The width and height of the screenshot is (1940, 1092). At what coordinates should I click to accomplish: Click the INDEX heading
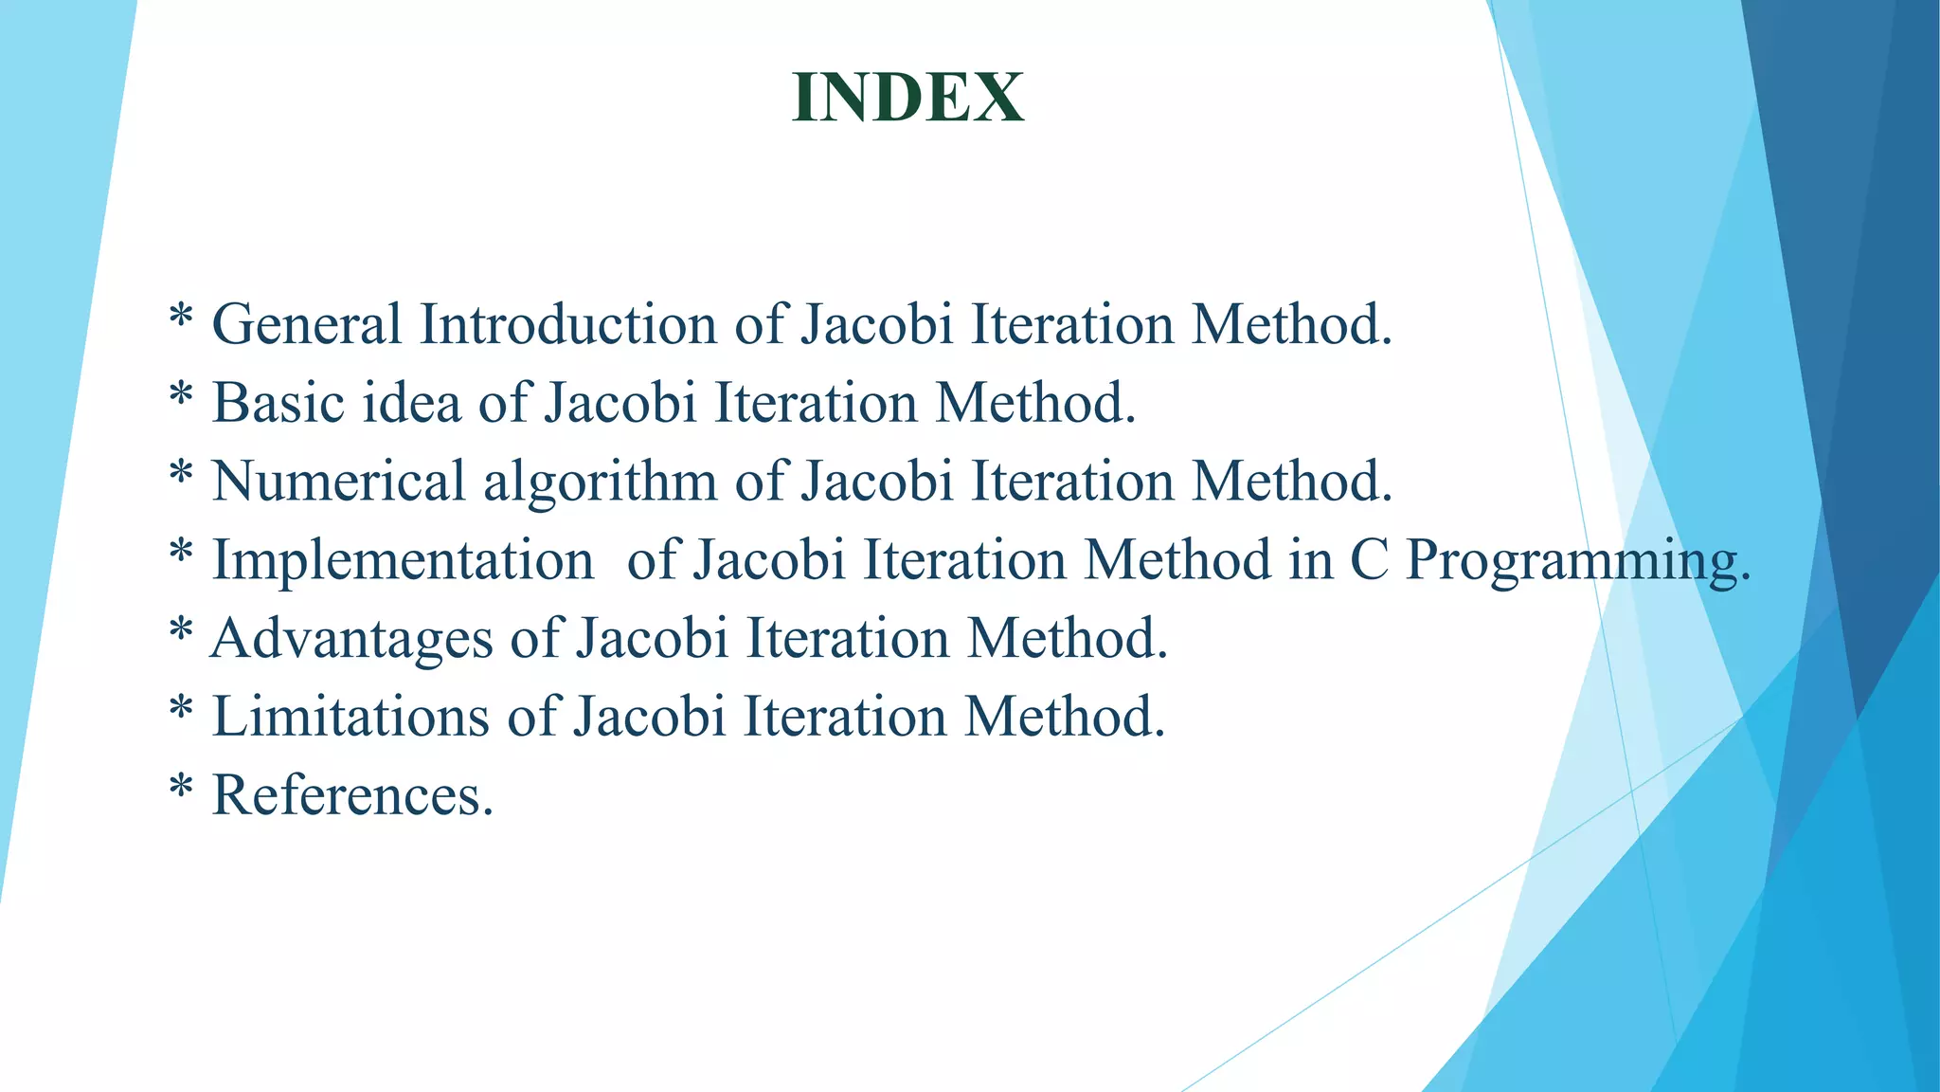pos(907,98)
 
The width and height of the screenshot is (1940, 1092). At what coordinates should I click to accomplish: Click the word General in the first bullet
pos(307,324)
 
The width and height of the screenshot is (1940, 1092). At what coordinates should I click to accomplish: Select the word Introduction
pos(567,324)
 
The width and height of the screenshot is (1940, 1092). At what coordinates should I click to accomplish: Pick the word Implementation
pos(403,560)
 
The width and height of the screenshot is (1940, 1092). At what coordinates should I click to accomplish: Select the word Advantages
pos(351,639)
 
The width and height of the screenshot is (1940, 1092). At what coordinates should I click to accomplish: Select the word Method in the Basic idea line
pos(1035,403)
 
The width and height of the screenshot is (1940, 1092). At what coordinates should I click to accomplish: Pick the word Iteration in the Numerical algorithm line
pos(1073,481)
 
